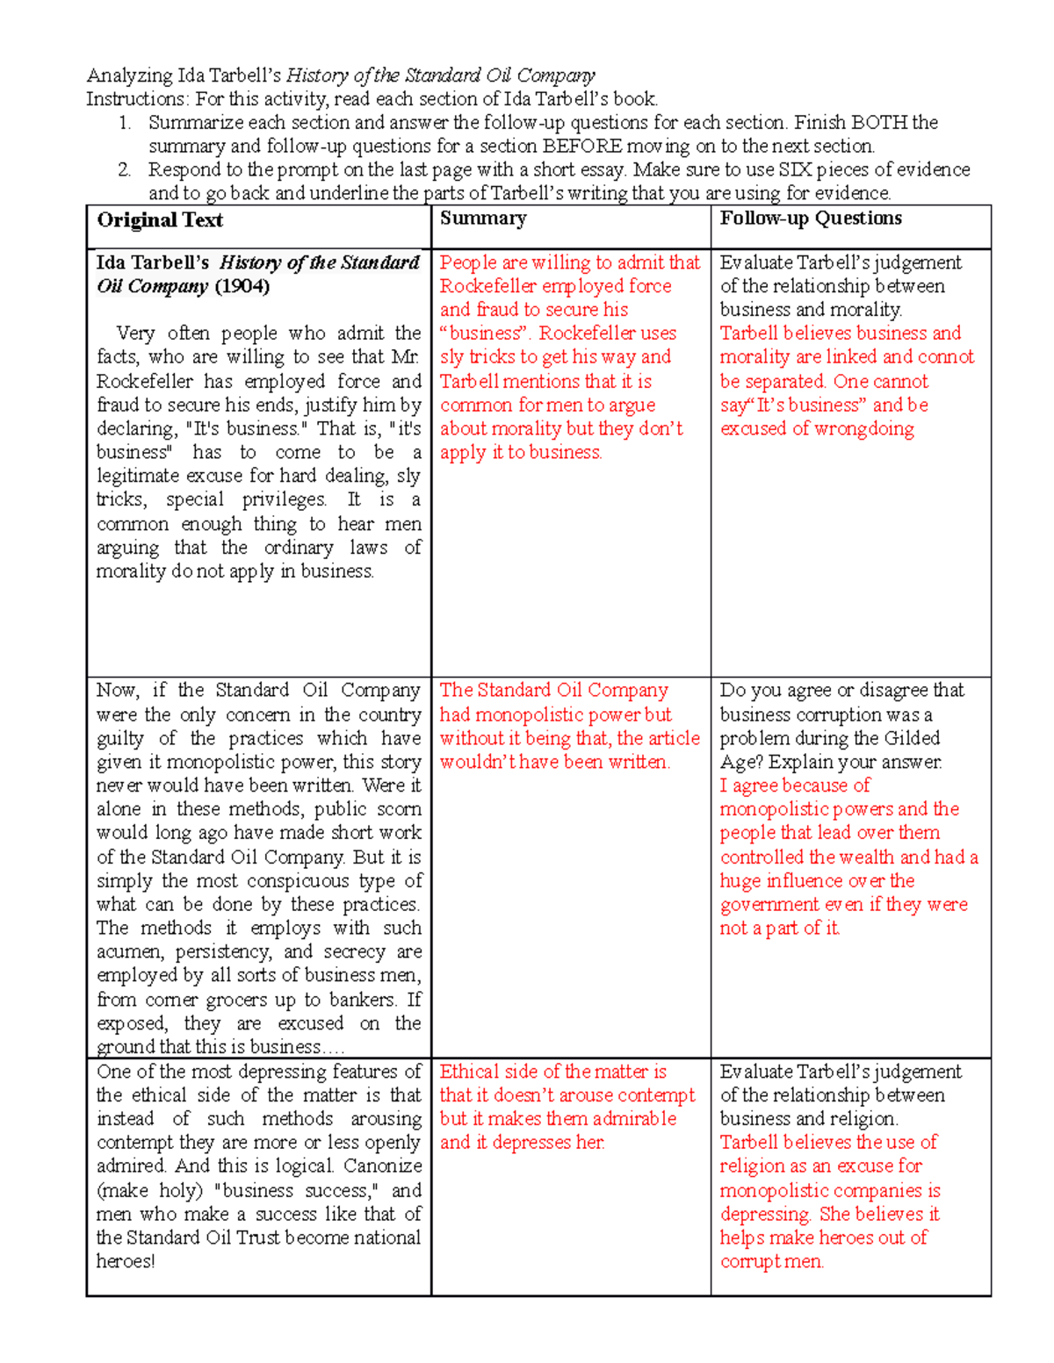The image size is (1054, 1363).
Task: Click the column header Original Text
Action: [x=160, y=220]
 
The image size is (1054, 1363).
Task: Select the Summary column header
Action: [x=483, y=219]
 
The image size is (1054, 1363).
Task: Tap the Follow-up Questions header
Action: [x=811, y=219]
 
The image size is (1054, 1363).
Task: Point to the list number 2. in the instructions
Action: [x=125, y=169]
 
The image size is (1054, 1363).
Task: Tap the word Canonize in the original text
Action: [x=382, y=1166]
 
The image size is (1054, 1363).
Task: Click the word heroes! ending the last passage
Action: [x=126, y=1261]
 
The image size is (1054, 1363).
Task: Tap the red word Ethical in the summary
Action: [x=469, y=1072]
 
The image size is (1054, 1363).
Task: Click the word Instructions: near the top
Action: [x=135, y=98]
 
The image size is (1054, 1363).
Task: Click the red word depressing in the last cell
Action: [x=765, y=1215]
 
